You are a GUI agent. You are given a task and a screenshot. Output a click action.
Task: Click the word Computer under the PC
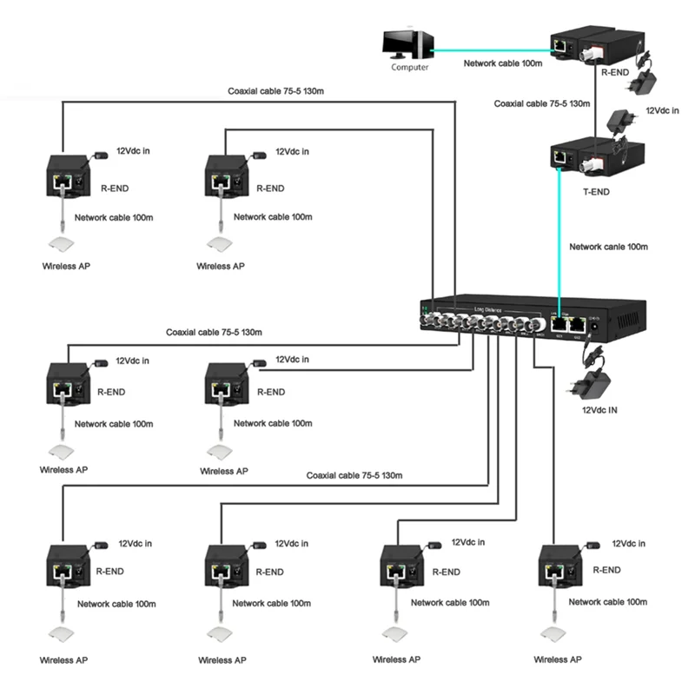[x=408, y=68]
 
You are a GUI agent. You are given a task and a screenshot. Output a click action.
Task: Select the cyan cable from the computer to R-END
[x=491, y=50]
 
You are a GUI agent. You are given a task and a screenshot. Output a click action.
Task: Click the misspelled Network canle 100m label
[x=608, y=247]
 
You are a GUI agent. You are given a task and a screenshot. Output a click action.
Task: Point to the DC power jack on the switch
[x=595, y=328]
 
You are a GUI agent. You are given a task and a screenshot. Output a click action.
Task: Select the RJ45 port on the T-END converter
[x=560, y=157]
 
